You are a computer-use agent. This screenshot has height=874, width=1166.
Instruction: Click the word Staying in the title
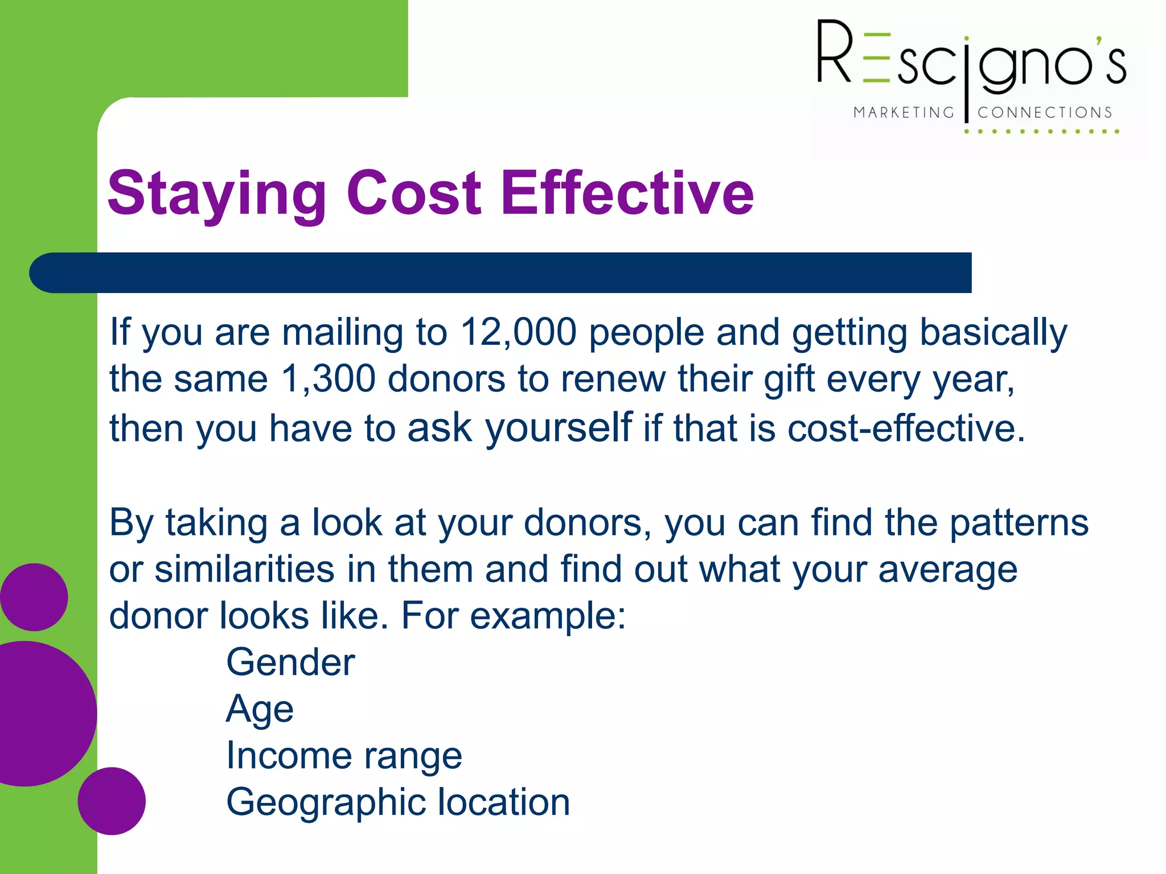tap(217, 195)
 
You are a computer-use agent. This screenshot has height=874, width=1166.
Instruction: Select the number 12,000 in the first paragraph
tap(518, 332)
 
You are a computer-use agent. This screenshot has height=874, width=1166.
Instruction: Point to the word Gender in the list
tap(290, 662)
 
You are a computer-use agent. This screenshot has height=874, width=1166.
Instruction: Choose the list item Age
tap(260, 710)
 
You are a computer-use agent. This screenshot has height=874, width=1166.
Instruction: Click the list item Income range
tap(344, 756)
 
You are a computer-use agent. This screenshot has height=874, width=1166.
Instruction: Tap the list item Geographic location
tap(398, 802)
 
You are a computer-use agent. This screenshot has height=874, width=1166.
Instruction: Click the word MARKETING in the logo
tap(904, 113)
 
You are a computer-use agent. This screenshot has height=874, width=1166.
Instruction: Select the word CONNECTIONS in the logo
tap(1045, 113)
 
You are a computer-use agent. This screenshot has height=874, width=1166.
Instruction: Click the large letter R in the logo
tap(834, 52)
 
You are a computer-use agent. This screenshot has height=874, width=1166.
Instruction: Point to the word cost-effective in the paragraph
tap(906, 428)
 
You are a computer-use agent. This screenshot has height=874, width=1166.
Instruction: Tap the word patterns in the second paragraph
tap(1019, 523)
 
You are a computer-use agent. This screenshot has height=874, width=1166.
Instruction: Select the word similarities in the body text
tap(244, 570)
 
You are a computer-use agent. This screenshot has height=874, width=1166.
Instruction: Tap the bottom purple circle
tap(112, 801)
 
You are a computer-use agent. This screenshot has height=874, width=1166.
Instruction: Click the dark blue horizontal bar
tap(501, 273)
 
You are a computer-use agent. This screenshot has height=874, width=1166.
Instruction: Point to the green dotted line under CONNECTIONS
tap(1041, 131)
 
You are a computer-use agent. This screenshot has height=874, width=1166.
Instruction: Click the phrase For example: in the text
tap(513, 616)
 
